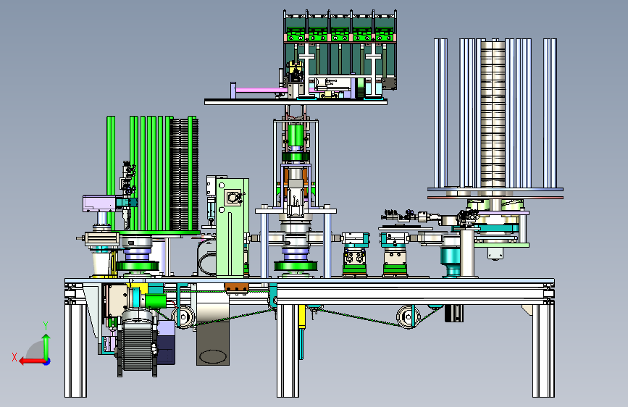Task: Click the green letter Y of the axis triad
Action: [46, 326]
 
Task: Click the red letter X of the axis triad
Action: [14, 357]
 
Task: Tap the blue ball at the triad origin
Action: [47, 361]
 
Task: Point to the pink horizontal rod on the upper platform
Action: [261, 90]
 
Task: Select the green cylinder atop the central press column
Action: [296, 135]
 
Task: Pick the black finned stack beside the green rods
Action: [184, 175]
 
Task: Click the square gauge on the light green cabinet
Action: [233, 198]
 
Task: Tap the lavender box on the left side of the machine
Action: [99, 204]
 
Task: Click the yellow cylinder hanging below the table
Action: [301, 317]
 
